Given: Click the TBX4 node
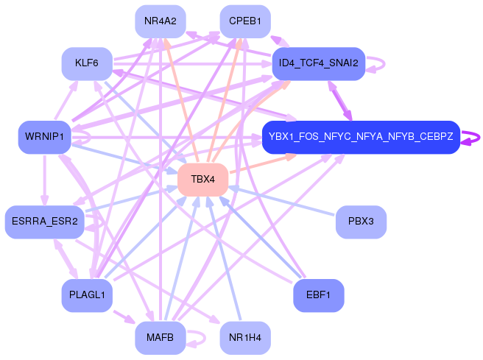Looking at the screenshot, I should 202,179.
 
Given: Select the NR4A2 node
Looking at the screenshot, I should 160,21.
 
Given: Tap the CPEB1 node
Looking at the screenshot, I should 245,21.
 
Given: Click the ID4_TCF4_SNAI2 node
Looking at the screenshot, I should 319,64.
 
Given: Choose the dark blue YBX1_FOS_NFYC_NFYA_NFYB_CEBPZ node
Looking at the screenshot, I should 361,137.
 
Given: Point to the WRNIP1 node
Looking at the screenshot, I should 44,137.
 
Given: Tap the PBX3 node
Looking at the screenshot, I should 361,222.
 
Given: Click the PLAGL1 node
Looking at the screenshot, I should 86,295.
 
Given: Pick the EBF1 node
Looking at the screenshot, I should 319,295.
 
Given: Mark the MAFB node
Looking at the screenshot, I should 160,338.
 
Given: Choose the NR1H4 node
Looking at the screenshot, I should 245,338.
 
